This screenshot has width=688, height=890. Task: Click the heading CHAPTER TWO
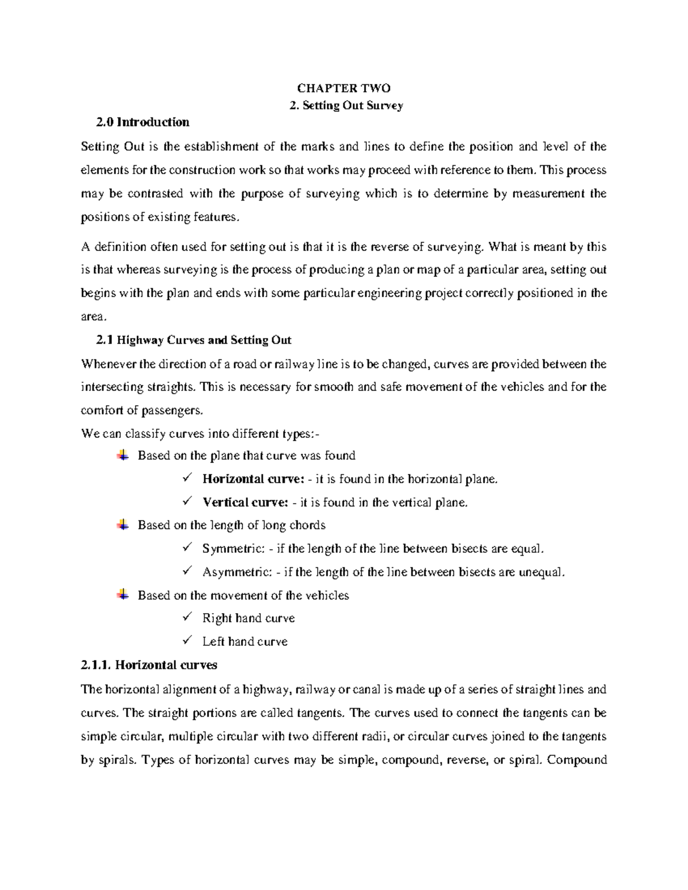coord(343,88)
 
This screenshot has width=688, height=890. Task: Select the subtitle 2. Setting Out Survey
coord(346,105)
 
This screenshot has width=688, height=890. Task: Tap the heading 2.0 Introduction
coord(143,122)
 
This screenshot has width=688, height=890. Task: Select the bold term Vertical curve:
coord(245,503)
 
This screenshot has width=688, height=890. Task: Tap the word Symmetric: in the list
coord(233,549)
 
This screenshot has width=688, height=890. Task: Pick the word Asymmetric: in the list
coord(237,573)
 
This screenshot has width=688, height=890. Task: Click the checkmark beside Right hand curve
coord(187,617)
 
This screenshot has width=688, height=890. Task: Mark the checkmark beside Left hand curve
coord(187,641)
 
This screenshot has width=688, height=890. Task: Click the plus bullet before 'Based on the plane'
coord(123,456)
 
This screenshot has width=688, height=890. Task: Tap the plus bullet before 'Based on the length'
coord(123,525)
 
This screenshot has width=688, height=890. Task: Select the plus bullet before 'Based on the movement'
coord(123,595)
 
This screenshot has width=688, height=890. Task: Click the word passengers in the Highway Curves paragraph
coord(172,411)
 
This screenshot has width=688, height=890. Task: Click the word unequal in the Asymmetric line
coord(541,573)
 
